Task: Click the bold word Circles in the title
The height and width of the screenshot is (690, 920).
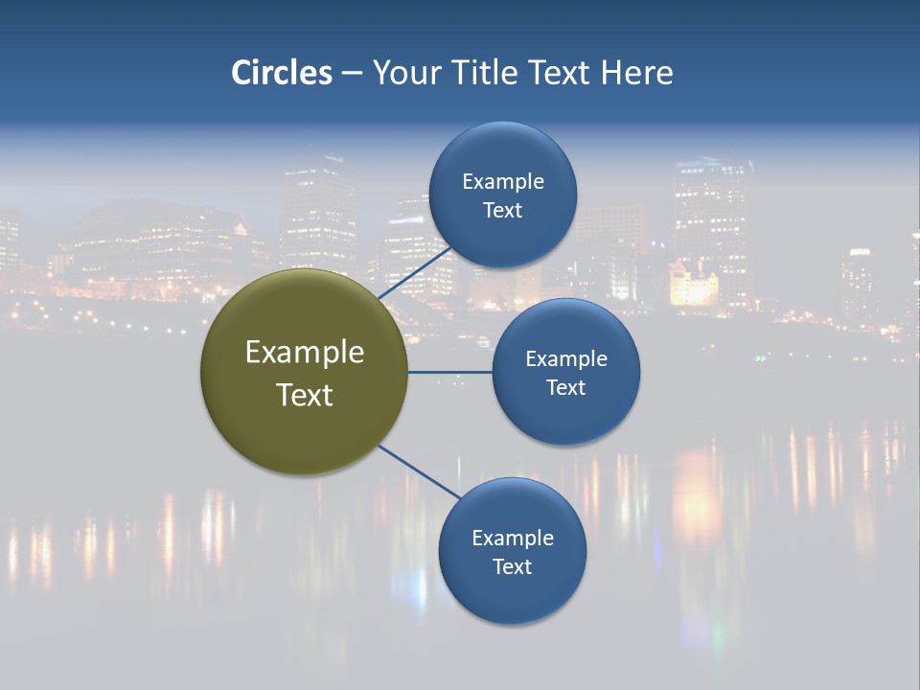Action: click(x=282, y=73)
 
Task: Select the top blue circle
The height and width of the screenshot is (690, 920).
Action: click(x=503, y=235)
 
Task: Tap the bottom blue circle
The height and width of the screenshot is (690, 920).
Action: click(x=512, y=594)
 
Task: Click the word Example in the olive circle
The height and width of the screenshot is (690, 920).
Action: click(x=305, y=353)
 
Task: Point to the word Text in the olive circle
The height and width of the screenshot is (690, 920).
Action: click(x=305, y=395)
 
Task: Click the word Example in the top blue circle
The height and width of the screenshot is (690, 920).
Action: click(x=503, y=181)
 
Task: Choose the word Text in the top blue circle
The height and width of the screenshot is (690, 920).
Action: click(x=503, y=210)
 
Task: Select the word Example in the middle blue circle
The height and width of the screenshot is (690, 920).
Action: click(x=566, y=358)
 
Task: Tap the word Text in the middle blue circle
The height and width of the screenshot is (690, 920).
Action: click(x=566, y=387)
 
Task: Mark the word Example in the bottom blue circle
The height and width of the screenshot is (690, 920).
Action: click(x=513, y=538)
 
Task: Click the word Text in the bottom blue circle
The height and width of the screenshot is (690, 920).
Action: click(x=513, y=566)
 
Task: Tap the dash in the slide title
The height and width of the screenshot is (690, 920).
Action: click(x=352, y=73)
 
